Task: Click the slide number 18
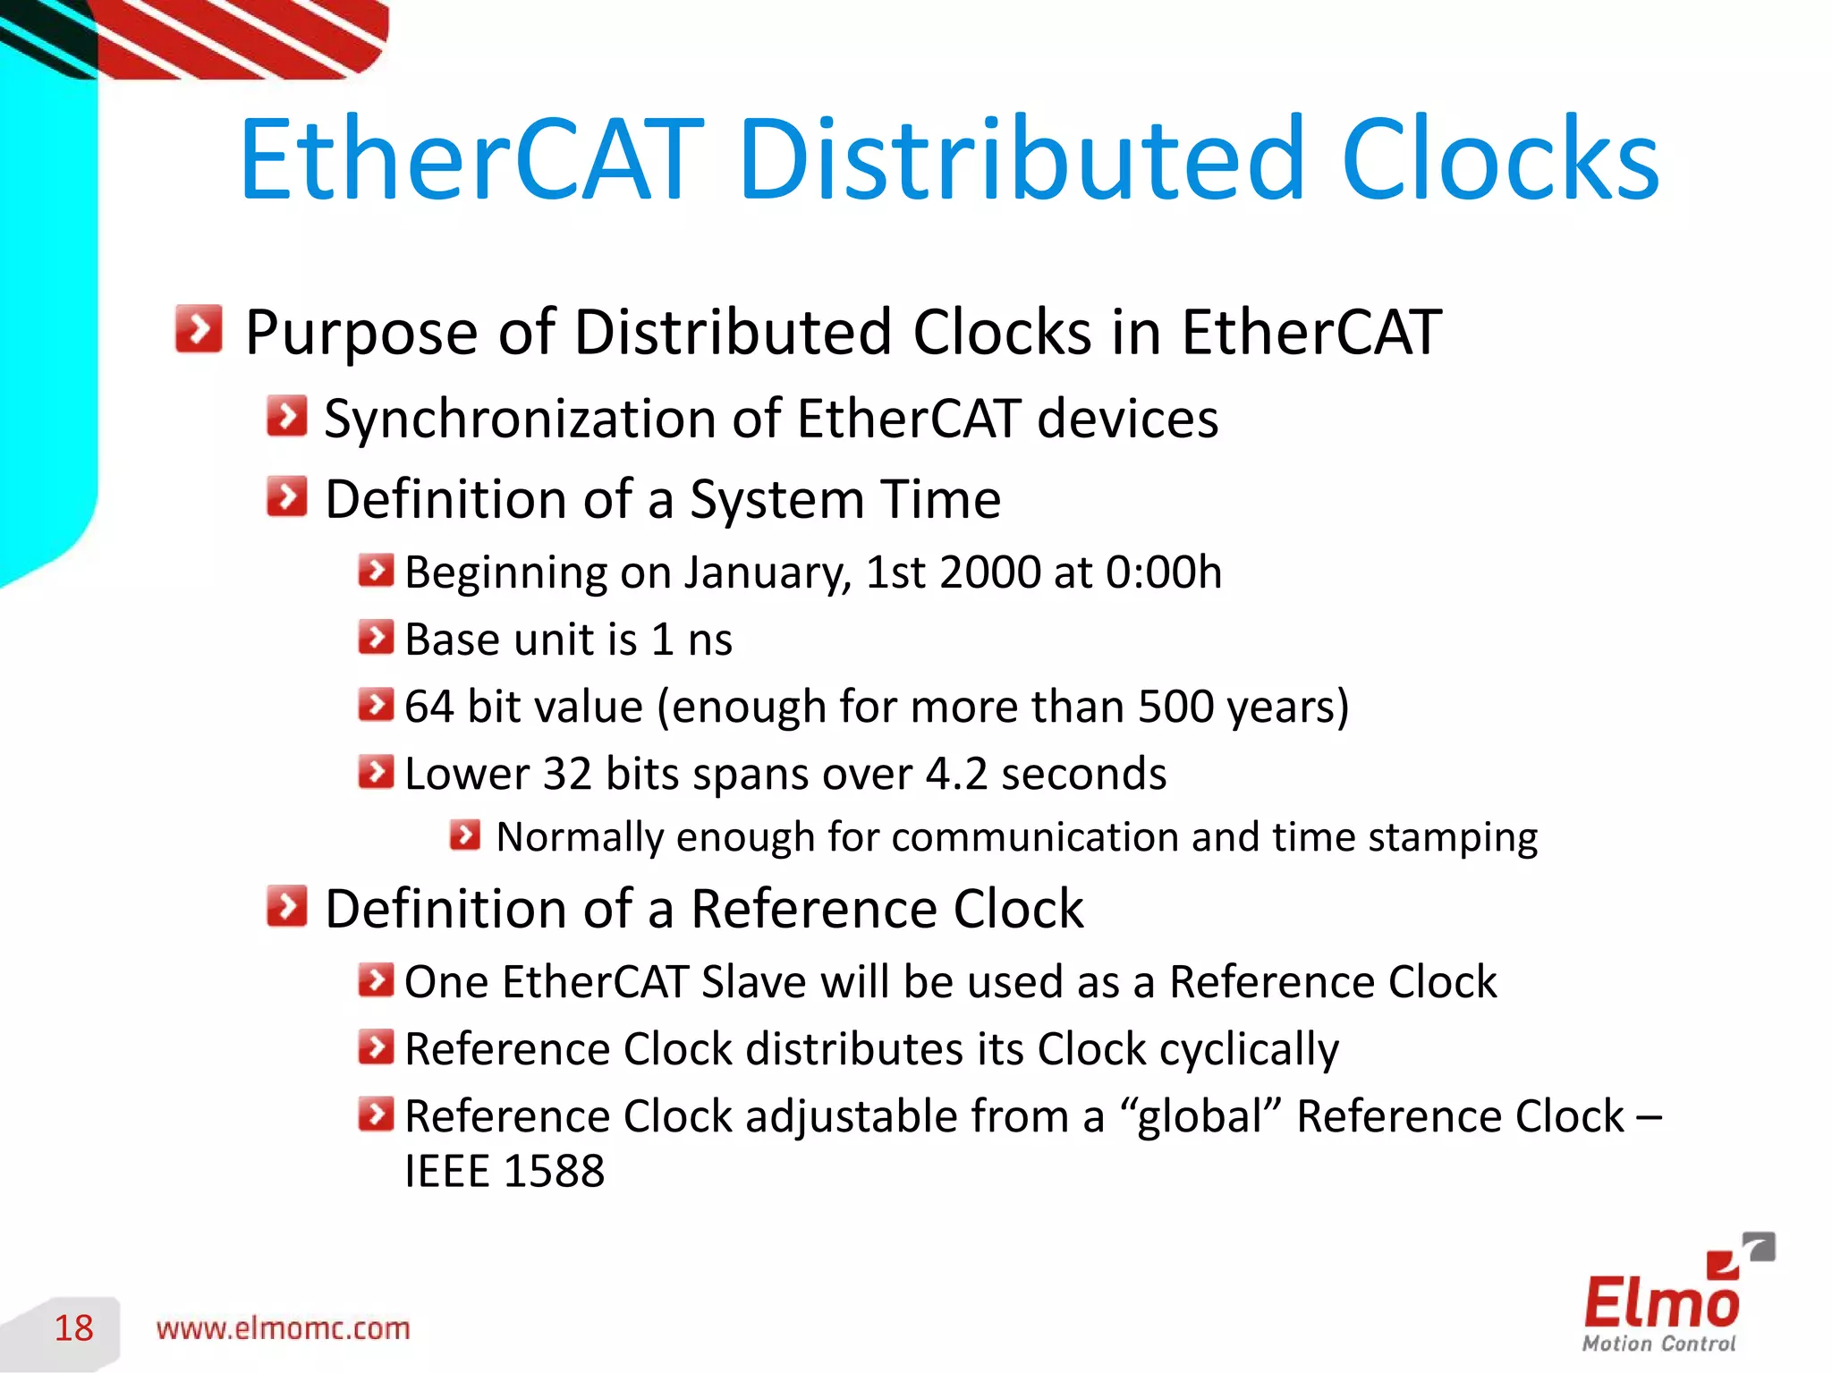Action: pos(73,1328)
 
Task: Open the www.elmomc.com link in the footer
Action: pos(283,1329)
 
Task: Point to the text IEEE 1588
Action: pos(505,1172)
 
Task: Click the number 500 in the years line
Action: pos(1175,707)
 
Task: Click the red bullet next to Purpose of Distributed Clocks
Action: pos(199,329)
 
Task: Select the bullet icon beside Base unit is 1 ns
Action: pos(376,638)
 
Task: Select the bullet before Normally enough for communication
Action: pos(465,835)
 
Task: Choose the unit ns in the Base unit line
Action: pos(710,640)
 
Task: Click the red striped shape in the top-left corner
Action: pos(242,36)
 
